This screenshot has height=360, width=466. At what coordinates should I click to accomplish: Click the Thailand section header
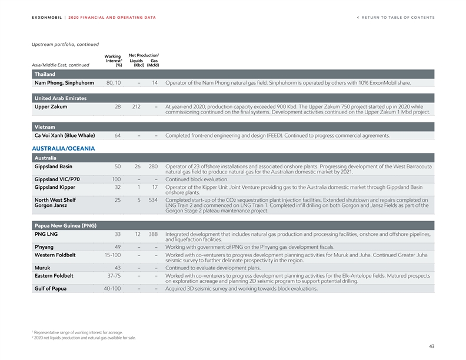[45, 74]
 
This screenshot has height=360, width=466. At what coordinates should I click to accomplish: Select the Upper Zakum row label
[51, 107]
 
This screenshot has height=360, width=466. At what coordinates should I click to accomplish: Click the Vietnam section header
[45, 126]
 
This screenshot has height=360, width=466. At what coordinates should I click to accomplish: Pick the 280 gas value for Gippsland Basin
[154, 167]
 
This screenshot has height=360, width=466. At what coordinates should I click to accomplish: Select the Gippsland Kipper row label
[55, 187]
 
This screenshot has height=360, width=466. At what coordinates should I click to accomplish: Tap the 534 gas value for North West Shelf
[154, 200]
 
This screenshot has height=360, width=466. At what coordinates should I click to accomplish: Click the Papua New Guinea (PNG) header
[65, 225]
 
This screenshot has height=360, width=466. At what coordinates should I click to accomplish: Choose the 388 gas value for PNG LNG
[154, 234]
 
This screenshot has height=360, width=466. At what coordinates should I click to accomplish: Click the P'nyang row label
[45, 246]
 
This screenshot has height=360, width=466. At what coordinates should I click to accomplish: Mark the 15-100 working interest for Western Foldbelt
[112, 255]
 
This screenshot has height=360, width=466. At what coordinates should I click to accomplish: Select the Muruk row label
[42, 268]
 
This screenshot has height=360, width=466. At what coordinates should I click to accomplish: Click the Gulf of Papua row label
[51, 288]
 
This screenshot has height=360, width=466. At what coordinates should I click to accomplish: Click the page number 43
[431, 346]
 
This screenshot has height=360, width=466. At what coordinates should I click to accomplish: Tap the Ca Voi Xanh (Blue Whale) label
[65, 136]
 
